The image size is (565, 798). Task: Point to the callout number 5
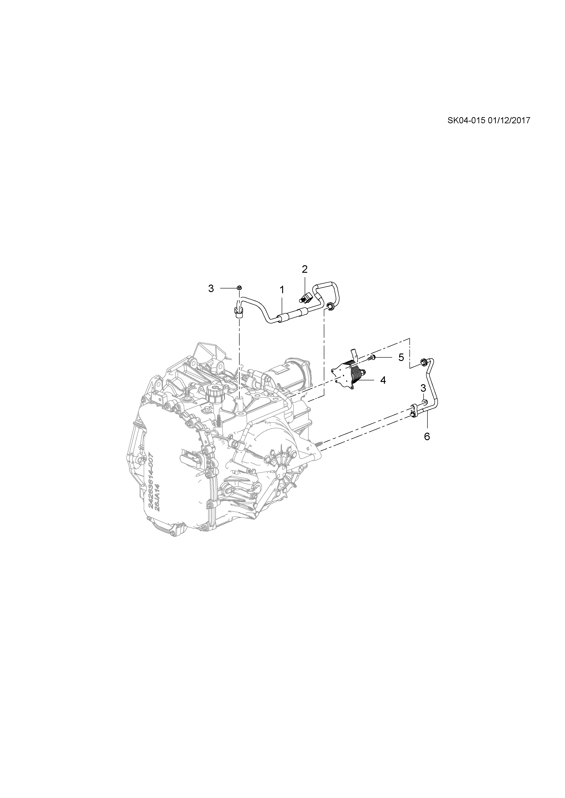pyautogui.click(x=401, y=357)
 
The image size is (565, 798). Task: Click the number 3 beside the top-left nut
pyautogui.click(x=211, y=288)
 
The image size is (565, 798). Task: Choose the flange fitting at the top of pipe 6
pyautogui.click(x=424, y=362)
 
